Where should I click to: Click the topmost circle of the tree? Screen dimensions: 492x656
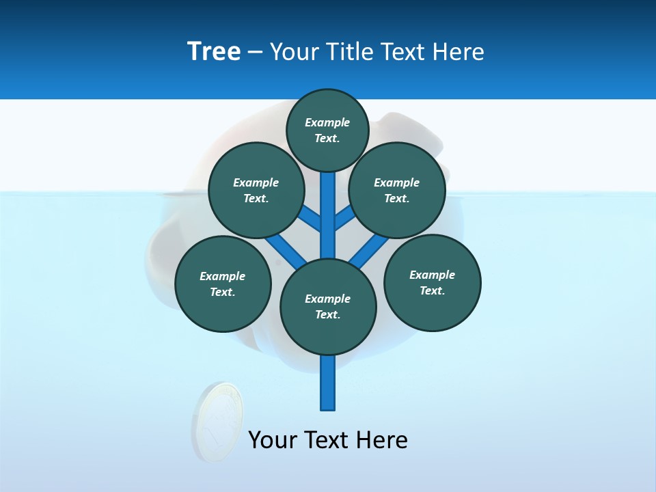(x=327, y=130)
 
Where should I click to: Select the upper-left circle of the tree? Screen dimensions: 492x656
(x=256, y=190)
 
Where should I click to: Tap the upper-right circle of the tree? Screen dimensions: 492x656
(x=397, y=190)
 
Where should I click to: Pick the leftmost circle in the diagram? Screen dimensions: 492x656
(x=223, y=284)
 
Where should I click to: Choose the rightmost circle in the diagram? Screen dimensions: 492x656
(x=433, y=282)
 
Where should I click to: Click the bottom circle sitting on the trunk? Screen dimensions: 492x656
(x=328, y=307)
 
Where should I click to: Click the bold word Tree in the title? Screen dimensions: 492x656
(x=214, y=51)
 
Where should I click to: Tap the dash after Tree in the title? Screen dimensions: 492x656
(x=255, y=52)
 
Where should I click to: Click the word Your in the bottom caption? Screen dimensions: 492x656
(x=273, y=440)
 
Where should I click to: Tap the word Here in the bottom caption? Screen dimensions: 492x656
(x=383, y=440)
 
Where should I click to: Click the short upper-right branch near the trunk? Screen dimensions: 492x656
(x=344, y=218)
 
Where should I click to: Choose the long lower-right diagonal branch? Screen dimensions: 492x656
(x=369, y=251)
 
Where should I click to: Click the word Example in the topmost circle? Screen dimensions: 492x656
(x=327, y=122)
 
